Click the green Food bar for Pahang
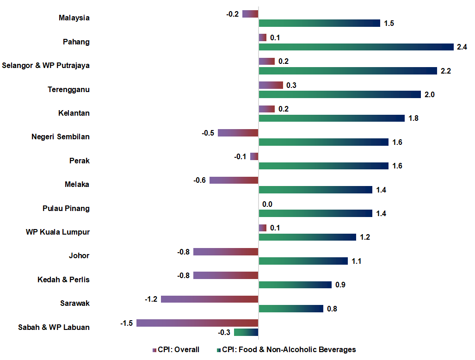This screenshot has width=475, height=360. pos(356,47)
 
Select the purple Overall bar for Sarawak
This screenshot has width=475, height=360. pos(210,299)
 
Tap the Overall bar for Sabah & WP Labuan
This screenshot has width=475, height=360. pos(197,323)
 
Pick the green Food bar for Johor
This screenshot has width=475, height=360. pos(303,261)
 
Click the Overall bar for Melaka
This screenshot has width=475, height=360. pos(234,180)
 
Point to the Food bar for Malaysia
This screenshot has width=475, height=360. pos(319,23)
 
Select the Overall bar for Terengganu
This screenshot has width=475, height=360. pos(271,85)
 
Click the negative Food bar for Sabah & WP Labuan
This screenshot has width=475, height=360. pos(246,332)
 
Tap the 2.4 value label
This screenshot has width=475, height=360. pos(462,47)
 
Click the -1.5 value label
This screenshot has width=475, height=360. pos(127,323)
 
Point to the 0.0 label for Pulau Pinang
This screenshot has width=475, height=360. pos(267,204)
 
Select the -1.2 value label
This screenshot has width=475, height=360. pos(151,299)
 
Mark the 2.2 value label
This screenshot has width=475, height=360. pos(445,71)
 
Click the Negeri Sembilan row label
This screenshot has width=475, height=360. pos(61,137)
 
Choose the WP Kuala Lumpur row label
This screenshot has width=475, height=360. pos(58,232)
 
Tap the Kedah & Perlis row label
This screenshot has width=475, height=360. pos(63,279)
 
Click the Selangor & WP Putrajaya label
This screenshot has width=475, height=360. pos(46,65)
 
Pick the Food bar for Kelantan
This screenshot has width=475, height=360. pos(332,118)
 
